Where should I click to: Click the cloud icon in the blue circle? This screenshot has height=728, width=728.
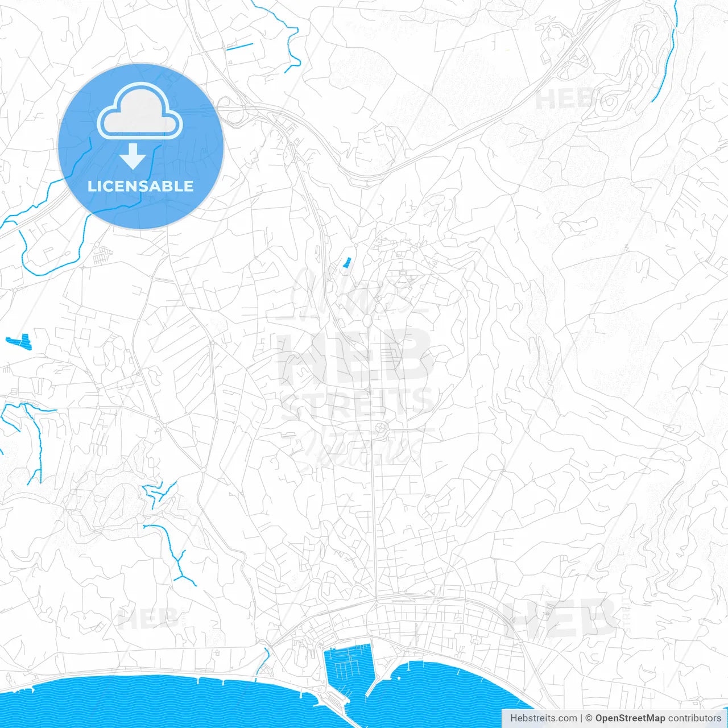(x=140, y=111)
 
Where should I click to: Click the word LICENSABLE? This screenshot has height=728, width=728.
(x=140, y=186)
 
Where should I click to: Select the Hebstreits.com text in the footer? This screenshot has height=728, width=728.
(x=543, y=718)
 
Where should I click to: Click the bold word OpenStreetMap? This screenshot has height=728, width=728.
(x=630, y=718)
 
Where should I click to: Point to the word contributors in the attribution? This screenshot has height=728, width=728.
(x=694, y=718)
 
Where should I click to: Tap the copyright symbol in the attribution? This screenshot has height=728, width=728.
(x=589, y=718)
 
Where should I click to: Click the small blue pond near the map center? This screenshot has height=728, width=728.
(x=347, y=262)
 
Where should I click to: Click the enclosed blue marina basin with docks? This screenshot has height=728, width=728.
(x=347, y=665)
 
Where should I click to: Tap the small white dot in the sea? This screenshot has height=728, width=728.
(x=399, y=678)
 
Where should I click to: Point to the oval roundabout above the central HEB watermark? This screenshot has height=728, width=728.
(x=367, y=321)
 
